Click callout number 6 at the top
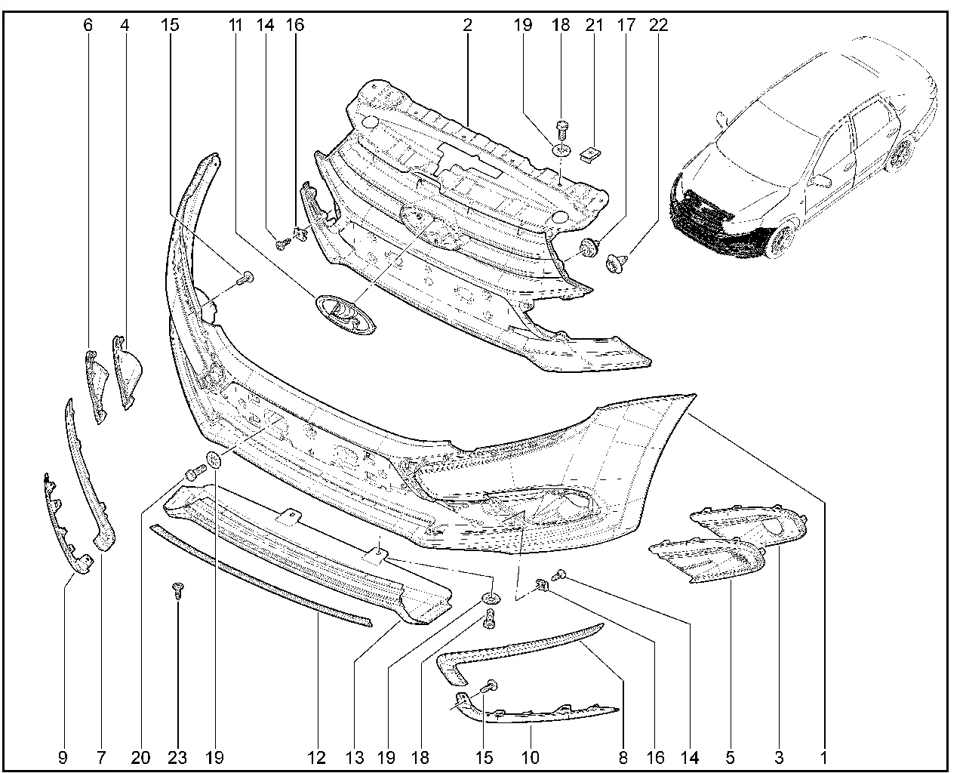88,25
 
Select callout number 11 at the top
235,25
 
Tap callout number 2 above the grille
467,25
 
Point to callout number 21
594,25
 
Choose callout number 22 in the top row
658,25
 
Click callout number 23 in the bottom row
177,758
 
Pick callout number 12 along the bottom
316,758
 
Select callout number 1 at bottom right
823,758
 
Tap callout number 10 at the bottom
530,758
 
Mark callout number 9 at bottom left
63,758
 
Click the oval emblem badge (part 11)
346,316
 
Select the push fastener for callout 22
617,263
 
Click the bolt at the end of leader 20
195,472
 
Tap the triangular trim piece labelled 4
126,372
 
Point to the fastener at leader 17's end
589,248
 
